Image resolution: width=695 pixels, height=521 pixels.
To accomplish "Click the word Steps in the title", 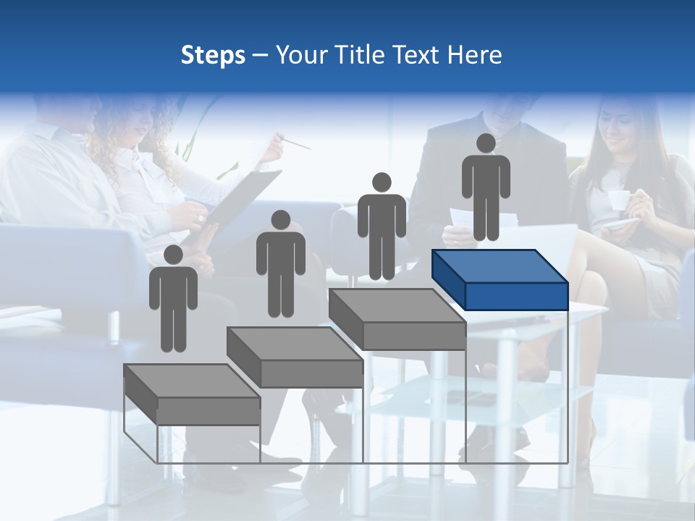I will click(213, 55).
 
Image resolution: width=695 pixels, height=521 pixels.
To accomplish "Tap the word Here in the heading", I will click(474, 55).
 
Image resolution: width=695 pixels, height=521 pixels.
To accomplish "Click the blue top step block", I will click(500, 279).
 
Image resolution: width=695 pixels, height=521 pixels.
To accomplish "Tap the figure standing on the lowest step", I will click(173, 300).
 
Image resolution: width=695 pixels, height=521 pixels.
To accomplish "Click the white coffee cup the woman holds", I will click(618, 200).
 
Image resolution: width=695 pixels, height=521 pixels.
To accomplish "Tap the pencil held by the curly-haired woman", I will click(295, 142).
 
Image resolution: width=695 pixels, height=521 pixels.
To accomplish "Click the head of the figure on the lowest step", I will click(173, 255).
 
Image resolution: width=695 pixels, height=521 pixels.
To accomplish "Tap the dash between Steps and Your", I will click(260, 56).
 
